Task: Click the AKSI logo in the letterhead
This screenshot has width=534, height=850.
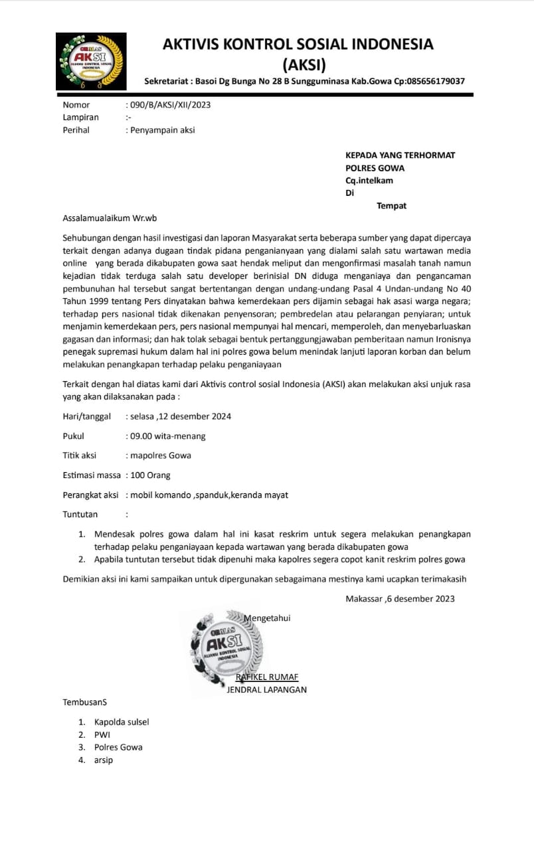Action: coord(90,61)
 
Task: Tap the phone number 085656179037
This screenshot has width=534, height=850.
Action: coord(431,81)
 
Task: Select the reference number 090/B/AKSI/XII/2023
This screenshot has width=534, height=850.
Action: coord(171,105)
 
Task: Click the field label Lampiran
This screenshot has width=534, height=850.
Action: coord(80,118)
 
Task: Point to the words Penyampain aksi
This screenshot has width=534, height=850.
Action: coord(163,130)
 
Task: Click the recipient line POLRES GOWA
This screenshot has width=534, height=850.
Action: coord(375,168)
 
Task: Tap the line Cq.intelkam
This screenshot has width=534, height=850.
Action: coord(369,181)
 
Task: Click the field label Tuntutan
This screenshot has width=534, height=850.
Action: coord(80,515)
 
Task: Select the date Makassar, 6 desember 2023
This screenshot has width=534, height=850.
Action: coord(400,599)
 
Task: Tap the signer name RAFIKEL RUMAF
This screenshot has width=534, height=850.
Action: coord(267,677)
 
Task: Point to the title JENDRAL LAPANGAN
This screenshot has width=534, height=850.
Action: coord(266,690)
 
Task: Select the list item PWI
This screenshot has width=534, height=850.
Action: coord(102,734)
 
